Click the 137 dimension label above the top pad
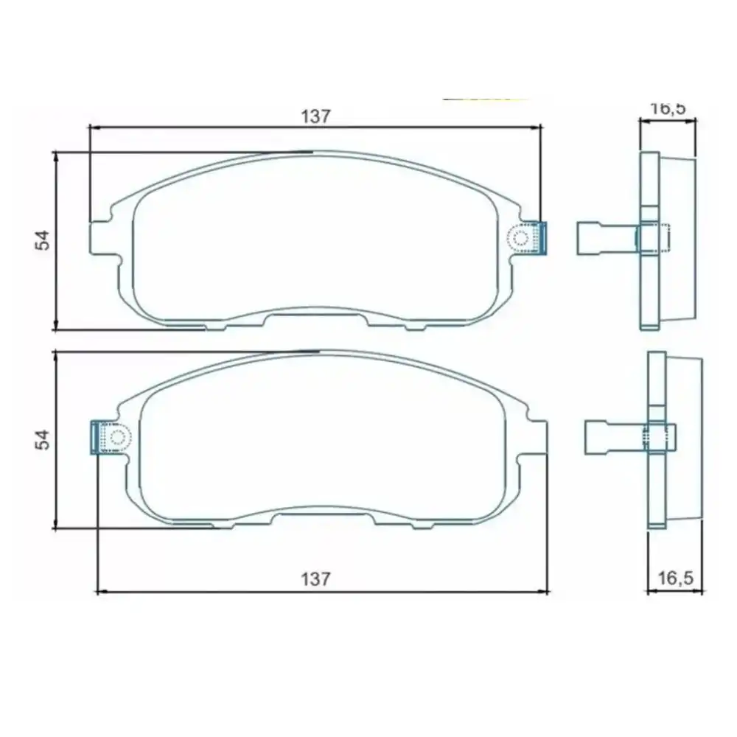tap(316, 116)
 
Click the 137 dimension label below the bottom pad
tap(316, 579)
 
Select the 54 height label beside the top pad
tap(42, 240)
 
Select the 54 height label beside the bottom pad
tap(42, 439)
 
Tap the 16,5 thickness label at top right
tap(668, 108)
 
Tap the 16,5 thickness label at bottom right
tap(675, 578)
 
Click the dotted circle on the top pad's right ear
tap(520, 238)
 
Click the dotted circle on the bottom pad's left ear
tap(117, 438)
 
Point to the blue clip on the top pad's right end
tap(542, 238)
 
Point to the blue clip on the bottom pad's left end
tap(95, 438)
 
